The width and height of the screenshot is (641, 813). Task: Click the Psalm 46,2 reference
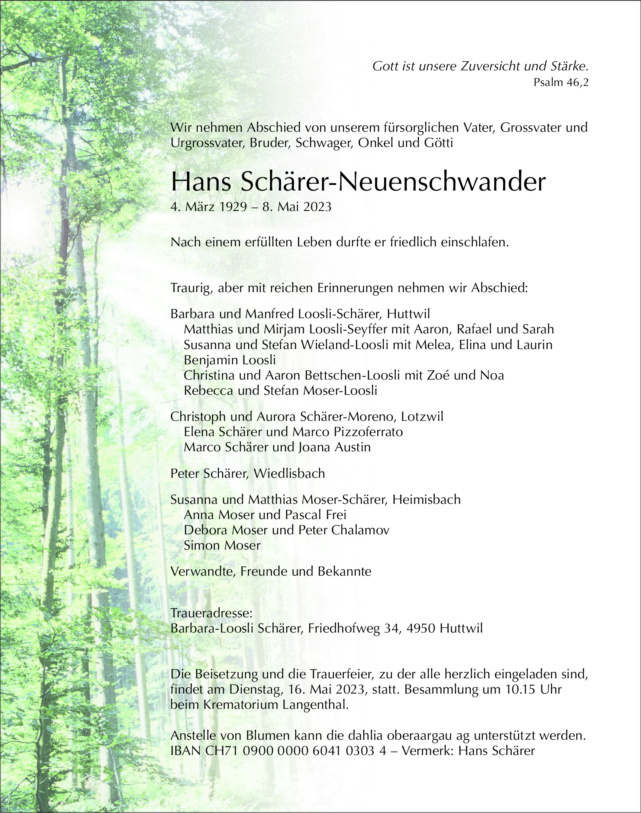pos(561,82)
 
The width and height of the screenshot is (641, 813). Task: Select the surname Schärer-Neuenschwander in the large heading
pos(393,182)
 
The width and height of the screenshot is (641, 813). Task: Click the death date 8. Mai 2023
pos(297,207)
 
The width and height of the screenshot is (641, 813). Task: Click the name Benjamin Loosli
pos(230,360)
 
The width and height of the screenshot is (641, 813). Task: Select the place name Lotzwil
pos(422,416)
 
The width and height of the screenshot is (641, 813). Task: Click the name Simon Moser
pos(222,545)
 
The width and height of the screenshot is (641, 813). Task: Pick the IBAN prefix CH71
pos(222,750)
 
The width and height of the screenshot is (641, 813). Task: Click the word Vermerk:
pos(428,750)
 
